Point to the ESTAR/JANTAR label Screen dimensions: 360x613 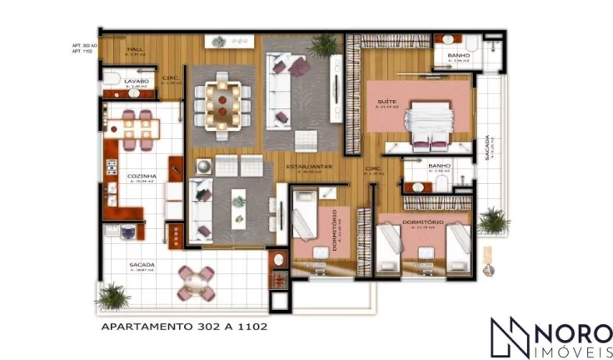point(310,167)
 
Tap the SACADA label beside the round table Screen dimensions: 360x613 point(142,266)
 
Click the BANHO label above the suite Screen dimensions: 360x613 point(458,56)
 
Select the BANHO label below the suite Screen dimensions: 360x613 point(439,166)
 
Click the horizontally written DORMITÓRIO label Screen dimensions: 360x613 point(424,222)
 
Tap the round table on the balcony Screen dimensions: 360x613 point(197,282)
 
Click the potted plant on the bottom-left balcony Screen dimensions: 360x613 point(112,294)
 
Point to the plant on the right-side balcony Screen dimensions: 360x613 point(493,220)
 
